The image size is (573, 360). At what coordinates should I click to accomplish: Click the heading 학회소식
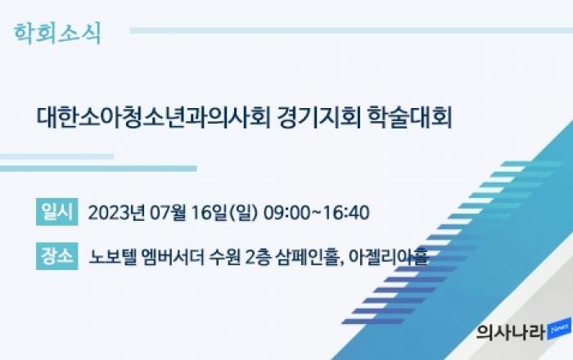57,34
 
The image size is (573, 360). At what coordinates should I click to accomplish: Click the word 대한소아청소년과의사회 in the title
153,117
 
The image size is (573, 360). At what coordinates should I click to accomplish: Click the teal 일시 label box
57,212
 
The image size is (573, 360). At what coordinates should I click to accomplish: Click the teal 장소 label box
57,256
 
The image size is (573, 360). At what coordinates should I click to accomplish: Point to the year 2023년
116,213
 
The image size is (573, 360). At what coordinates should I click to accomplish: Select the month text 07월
168,213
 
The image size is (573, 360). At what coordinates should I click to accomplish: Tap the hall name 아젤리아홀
389,257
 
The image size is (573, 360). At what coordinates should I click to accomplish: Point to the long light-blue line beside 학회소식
351,30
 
